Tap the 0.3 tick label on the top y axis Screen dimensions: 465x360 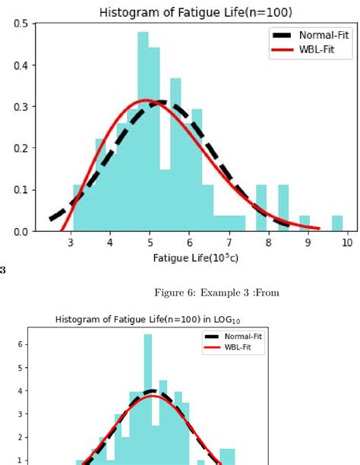click(22, 106)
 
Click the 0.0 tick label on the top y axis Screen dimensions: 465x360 click(22, 231)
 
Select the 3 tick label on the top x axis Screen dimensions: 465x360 click(71, 243)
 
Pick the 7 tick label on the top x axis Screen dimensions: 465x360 click(229, 243)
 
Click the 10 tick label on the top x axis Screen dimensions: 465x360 click(347, 243)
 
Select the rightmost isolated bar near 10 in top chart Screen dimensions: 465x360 click(336, 223)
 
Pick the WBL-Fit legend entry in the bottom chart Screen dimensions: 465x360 click(242, 347)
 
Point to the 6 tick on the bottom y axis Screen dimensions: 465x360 click(20, 344)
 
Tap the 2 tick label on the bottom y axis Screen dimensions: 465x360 click(20, 437)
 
